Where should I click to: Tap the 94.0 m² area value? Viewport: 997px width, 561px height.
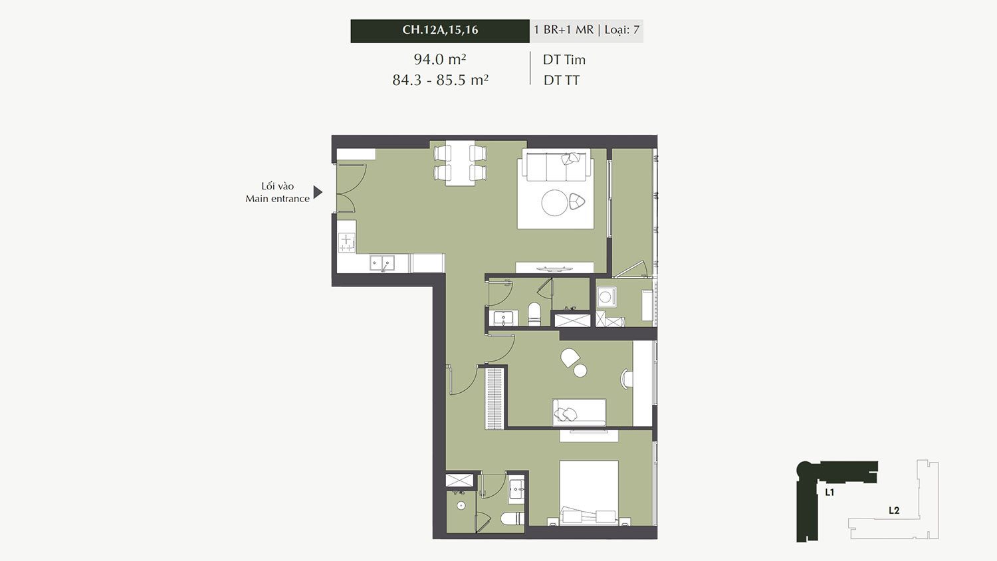440,58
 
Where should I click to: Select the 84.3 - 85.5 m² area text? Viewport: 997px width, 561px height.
441,80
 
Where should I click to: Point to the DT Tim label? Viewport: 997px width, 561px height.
564,60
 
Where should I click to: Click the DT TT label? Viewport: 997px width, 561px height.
561,80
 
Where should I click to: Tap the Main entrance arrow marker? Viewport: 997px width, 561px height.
318,192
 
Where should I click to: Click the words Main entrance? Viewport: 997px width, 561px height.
277,199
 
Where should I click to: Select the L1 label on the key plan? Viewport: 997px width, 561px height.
830,493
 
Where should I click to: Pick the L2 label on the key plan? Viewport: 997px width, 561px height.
894,510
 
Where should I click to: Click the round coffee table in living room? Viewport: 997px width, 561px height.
554,203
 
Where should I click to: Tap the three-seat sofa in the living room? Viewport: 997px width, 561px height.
558,166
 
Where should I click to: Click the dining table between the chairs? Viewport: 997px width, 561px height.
460,162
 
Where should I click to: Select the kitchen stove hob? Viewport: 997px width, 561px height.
347,243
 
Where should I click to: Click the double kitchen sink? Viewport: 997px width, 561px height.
382,263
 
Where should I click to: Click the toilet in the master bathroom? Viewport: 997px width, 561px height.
512,518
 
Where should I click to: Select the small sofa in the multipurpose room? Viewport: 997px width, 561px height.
579,412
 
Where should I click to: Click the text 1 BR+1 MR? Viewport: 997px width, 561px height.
564,30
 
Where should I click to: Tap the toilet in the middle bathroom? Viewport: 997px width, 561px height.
534,314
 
